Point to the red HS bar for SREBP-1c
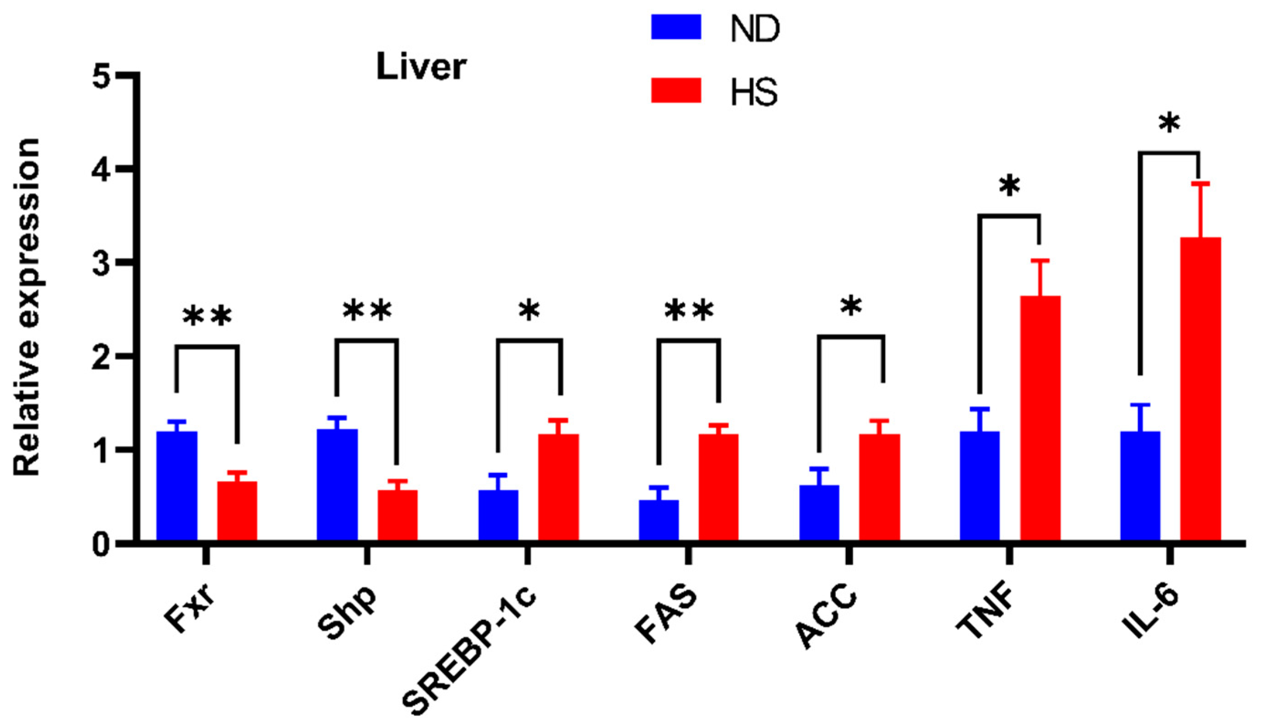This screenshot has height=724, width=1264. tap(558, 488)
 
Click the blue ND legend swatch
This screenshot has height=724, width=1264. tap(676, 27)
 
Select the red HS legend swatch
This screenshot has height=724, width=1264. tap(676, 90)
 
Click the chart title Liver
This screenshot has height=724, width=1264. tap(421, 67)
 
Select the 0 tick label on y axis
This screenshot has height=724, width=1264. tap(101, 545)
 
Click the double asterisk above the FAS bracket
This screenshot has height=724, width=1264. tap(689, 311)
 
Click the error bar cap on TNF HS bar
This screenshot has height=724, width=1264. tap(1040, 261)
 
